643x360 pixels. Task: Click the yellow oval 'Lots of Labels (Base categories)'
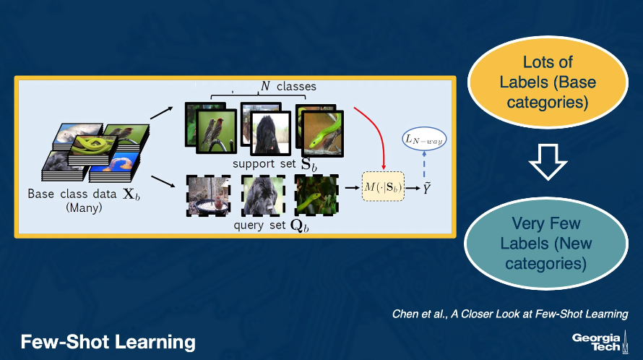(x=548, y=82)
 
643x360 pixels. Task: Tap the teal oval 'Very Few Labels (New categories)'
(x=545, y=244)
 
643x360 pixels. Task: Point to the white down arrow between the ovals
(x=548, y=162)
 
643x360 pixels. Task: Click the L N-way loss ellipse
(x=424, y=139)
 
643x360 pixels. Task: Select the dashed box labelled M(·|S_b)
(x=383, y=187)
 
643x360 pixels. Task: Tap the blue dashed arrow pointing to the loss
(x=424, y=164)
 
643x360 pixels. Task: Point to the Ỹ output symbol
(x=427, y=189)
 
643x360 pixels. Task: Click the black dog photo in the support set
(x=270, y=133)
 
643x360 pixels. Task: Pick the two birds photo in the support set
(x=216, y=132)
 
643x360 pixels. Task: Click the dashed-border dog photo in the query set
(x=263, y=195)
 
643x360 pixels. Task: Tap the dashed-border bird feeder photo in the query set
(x=208, y=195)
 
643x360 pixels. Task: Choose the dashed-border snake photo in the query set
(x=316, y=194)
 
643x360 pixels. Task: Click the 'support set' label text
(x=264, y=164)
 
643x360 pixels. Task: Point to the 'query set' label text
(x=259, y=226)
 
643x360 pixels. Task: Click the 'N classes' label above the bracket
(x=289, y=86)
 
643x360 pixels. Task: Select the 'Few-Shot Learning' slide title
(x=108, y=342)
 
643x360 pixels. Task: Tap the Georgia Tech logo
(x=600, y=342)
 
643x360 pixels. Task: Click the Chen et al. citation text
(x=510, y=314)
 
